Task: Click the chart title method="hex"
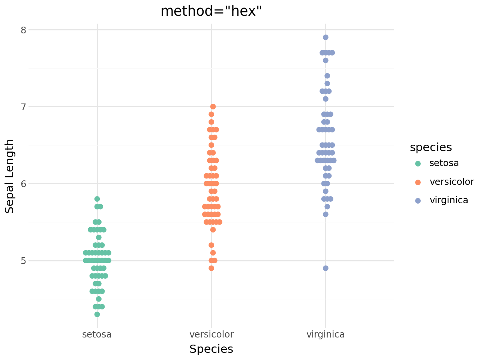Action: coord(211,11)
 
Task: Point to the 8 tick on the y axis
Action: coord(23,30)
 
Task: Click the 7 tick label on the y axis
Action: coord(23,107)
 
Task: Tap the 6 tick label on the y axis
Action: coord(23,184)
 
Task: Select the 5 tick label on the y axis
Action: coord(23,261)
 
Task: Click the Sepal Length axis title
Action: coord(10,176)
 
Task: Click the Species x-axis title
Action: coord(211,349)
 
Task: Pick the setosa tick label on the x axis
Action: coord(97,334)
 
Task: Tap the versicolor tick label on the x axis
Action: coord(211,334)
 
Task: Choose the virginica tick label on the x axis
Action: coord(325,334)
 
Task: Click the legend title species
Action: coord(431,147)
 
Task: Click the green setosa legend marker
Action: coord(418,163)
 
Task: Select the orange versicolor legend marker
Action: coord(418,182)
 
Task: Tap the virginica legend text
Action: coord(449,200)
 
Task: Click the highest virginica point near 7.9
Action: coord(325,37)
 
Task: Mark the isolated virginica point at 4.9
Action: coord(325,268)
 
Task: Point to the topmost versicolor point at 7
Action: coord(213,106)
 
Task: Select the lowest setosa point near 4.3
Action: coord(97,314)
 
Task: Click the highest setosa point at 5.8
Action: coord(97,199)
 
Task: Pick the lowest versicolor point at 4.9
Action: coord(211,268)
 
